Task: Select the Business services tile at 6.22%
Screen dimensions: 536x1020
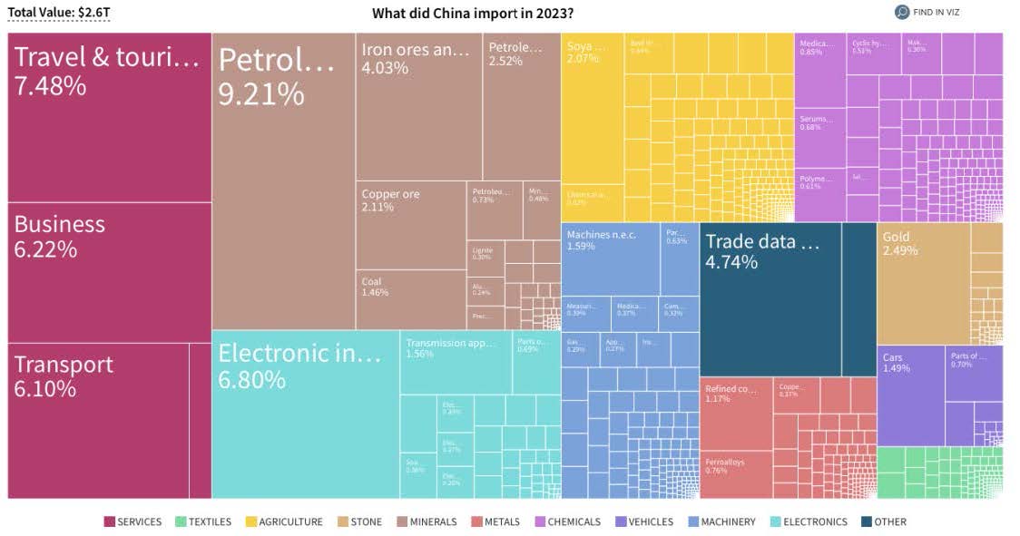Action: tap(109, 272)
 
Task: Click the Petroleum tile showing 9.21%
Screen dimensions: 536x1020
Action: tap(283, 181)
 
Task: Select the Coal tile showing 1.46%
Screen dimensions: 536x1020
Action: tap(410, 299)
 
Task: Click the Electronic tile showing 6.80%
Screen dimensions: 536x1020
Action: tap(305, 414)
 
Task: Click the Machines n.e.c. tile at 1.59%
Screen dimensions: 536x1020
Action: tap(610, 258)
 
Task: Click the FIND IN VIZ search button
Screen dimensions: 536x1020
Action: tap(927, 12)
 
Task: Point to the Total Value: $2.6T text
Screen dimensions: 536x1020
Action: tap(58, 13)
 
